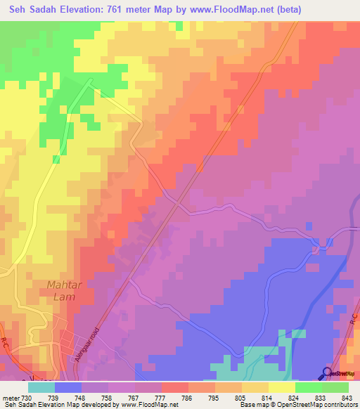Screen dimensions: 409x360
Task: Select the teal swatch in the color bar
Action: (x=41, y=387)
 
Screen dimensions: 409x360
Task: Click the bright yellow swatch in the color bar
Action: (x=282, y=387)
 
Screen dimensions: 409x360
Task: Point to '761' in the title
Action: (x=123, y=9)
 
